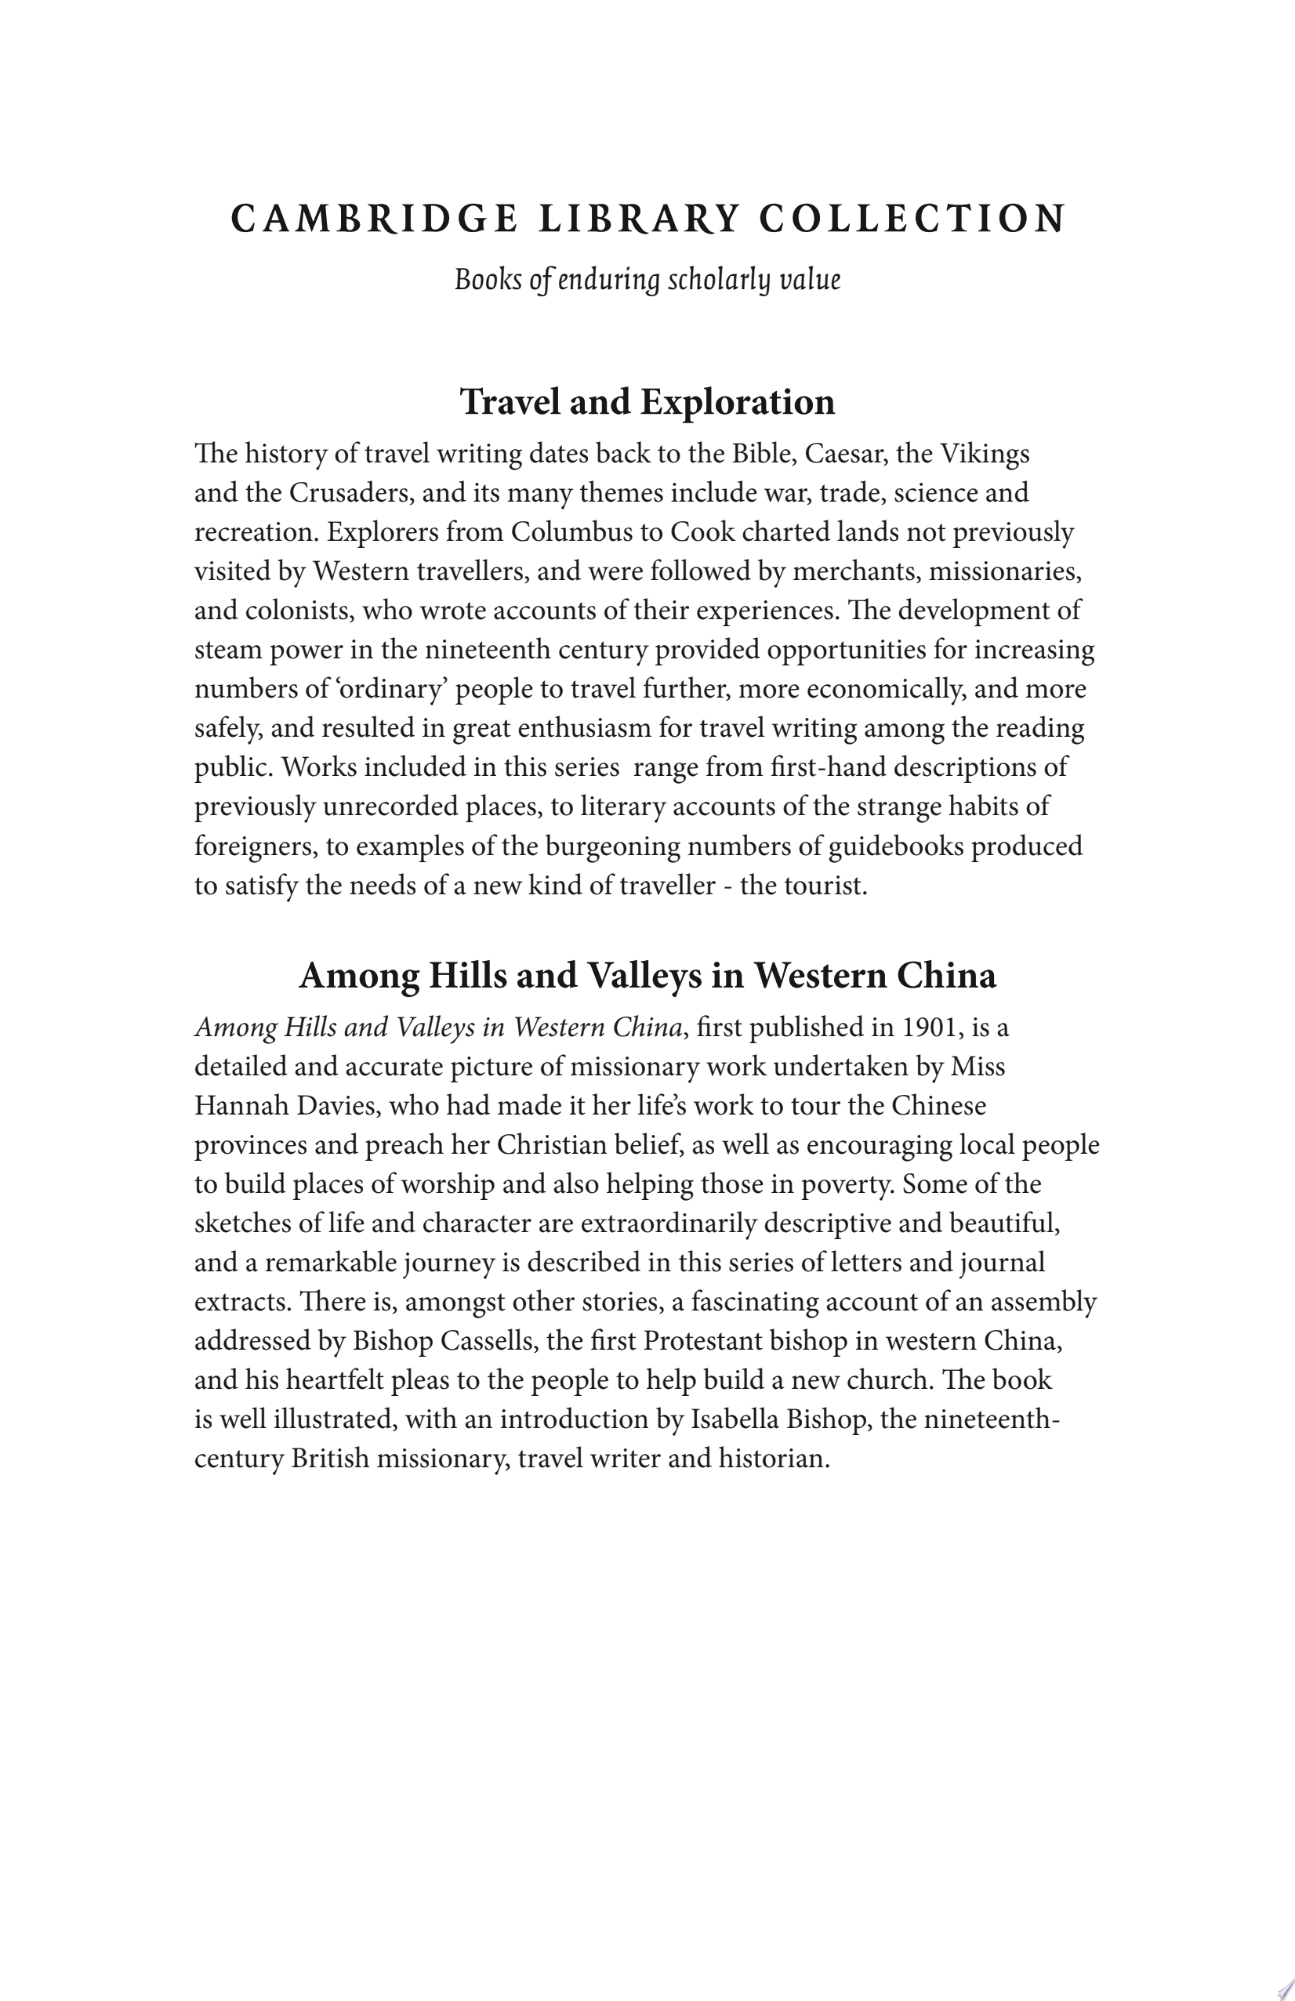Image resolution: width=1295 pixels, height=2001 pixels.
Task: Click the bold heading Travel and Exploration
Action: [x=647, y=402]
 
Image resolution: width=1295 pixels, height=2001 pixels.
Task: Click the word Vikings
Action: [x=985, y=455]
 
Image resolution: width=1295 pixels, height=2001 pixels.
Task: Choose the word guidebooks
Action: [x=895, y=846]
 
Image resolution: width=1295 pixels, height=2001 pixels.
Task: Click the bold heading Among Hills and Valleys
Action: [x=647, y=976]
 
